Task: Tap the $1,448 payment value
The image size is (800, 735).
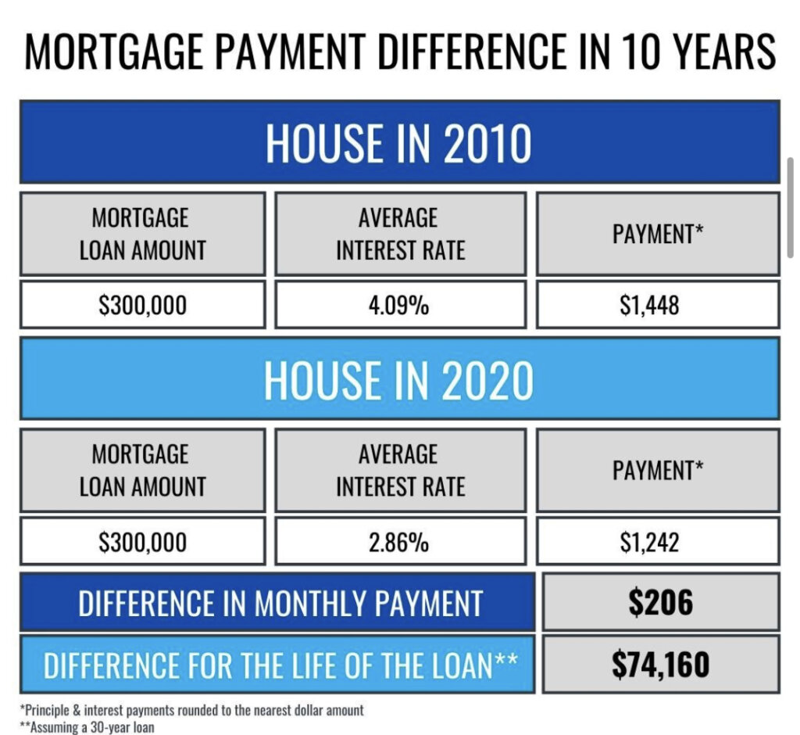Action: (x=649, y=306)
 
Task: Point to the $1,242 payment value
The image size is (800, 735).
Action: (x=649, y=542)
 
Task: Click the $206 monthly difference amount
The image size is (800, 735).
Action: (x=661, y=602)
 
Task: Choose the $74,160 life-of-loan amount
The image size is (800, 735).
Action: (x=661, y=665)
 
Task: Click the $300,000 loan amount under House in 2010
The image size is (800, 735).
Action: (x=143, y=306)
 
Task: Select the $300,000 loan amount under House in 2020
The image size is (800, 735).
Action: (x=143, y=542)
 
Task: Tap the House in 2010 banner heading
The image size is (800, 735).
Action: (x=398, y=143)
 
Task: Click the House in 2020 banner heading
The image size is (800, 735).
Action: (x=398, y=380)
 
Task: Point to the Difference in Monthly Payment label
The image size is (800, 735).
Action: (x=280, y=603)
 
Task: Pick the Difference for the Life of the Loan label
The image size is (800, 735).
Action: (x=280, y=665)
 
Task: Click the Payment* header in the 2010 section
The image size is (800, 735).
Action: (x=658, y=234)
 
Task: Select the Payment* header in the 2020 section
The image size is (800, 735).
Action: (x=658, y=471)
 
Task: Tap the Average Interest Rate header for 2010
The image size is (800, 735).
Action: (x=401, y=234)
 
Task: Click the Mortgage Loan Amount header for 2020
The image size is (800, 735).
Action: (x=143, y=471)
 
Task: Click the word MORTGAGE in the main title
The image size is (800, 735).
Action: (x=114, y=51)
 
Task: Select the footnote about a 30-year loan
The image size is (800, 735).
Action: (x=87, y=727)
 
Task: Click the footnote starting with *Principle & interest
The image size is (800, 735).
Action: (x=192, y=710)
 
